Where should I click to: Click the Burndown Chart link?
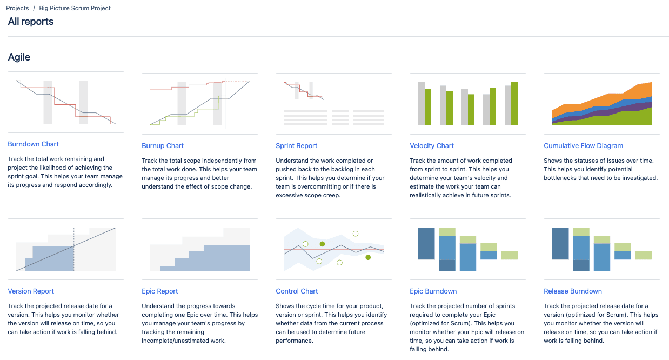point(33,144)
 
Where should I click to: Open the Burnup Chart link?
point(163,146)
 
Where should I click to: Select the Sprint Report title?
point(296,146)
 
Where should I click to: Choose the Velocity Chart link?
point(432,146)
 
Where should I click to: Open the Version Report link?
point(31,291)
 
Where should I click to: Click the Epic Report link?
point(159,291)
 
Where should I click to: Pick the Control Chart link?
point(297,291)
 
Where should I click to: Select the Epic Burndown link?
point(433,291)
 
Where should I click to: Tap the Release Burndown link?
point(572,291)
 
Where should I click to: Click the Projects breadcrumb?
point(17,9)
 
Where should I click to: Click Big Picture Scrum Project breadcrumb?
point(75,9)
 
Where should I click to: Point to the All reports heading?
point(31,22)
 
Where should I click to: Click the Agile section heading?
point(19,57)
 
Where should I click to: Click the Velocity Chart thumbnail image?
point(468,103)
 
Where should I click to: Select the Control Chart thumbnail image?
point(333,249)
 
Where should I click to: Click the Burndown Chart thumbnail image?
point(65,102)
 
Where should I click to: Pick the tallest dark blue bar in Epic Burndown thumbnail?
point(426,243)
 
